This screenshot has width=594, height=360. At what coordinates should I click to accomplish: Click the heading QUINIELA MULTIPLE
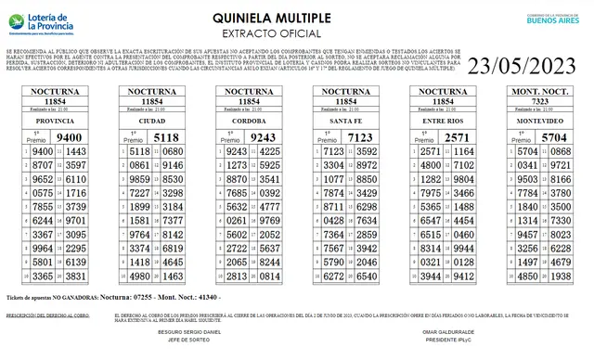(296, 17)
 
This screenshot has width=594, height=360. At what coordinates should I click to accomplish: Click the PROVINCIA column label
(56, 121)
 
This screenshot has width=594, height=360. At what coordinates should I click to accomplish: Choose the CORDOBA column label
(251, 121)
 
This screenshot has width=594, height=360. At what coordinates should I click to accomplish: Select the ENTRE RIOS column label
(444, 121)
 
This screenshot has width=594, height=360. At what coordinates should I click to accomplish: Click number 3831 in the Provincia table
(76, 276)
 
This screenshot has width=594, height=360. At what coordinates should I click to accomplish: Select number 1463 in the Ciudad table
(173, 276)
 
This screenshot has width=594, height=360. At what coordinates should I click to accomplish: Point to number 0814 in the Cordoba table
(270, 276)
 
